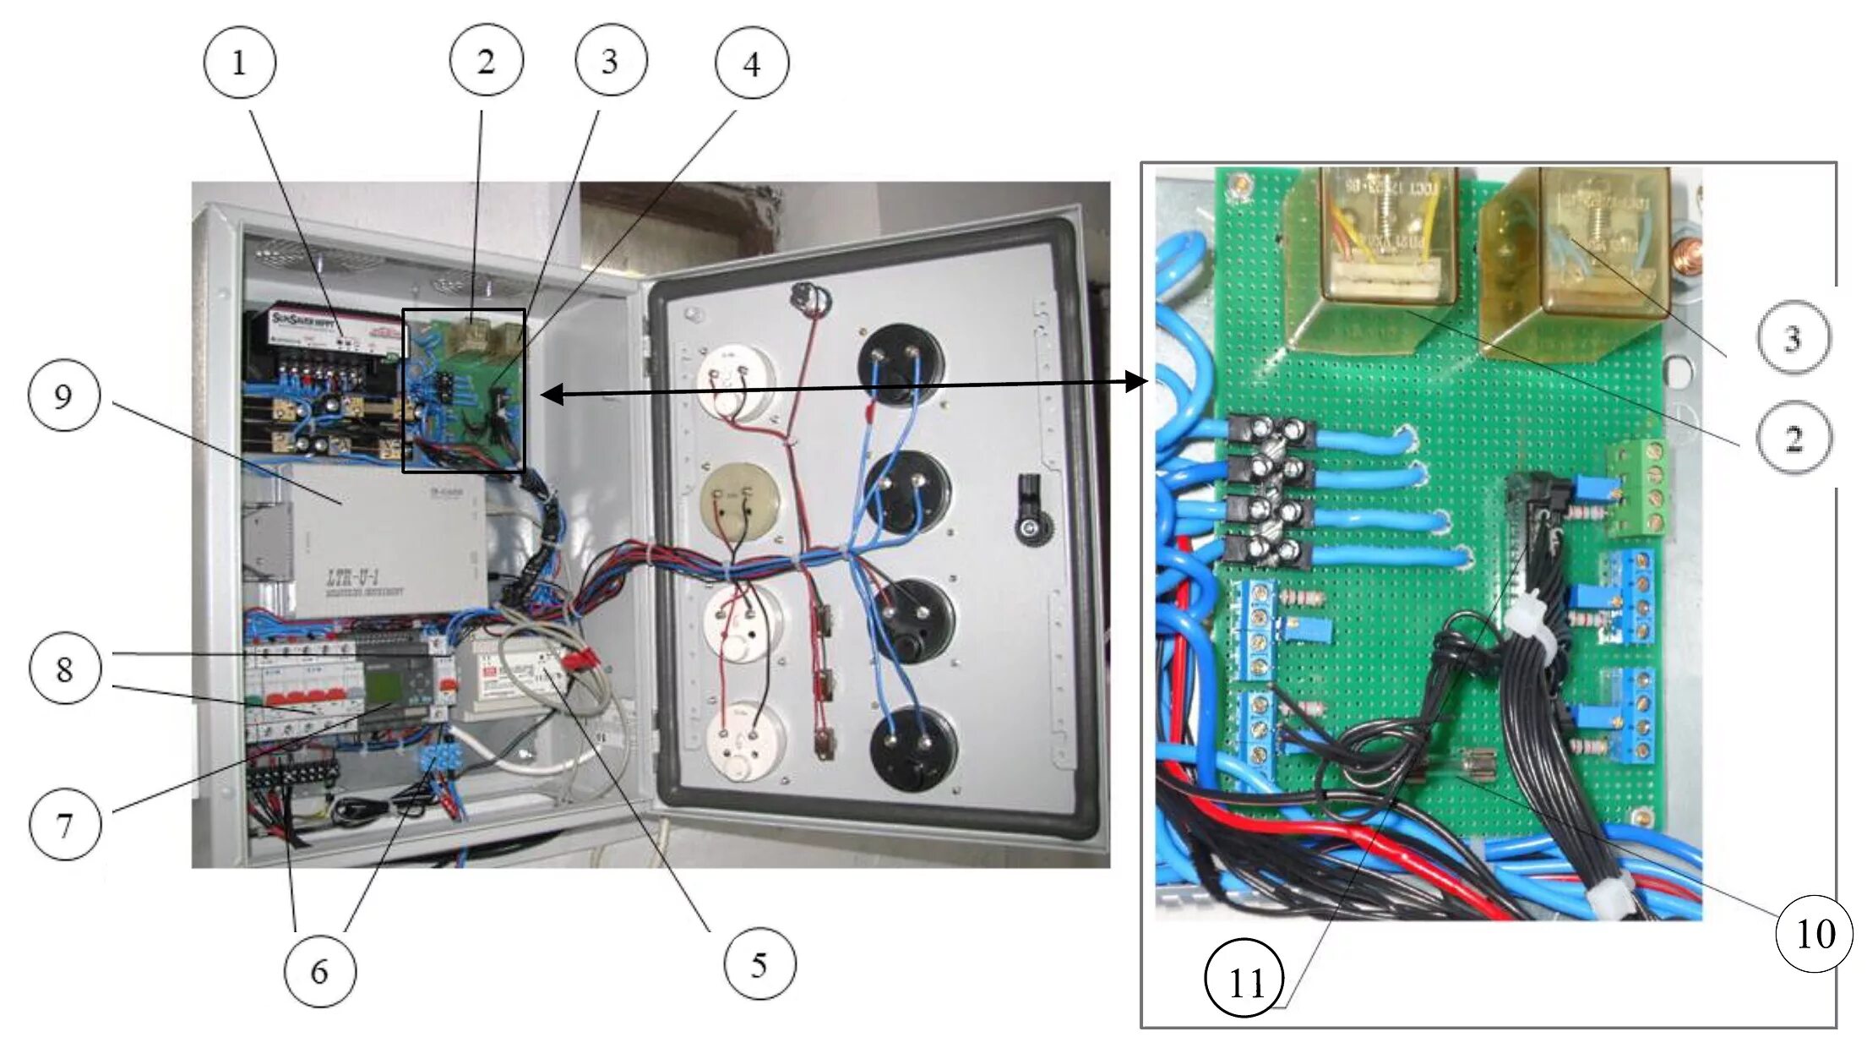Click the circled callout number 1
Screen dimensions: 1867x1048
239,63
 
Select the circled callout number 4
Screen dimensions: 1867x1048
751,63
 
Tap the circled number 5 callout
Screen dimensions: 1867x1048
759,963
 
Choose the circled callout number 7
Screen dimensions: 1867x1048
65,824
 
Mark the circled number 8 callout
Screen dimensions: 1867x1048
65,669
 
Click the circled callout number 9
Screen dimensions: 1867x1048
64,396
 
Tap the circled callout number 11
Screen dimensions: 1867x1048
1244,981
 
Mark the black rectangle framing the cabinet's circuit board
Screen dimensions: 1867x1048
464,390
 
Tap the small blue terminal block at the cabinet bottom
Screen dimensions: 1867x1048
439,758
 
